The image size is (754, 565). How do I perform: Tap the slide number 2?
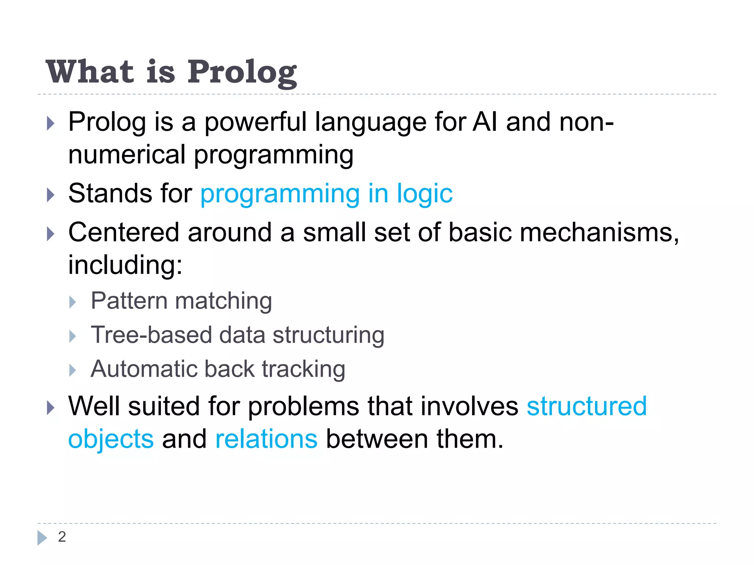pyautogui.click(x=62, y=537)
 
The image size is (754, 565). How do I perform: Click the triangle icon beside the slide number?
pyautogui.click(x=42, y=538)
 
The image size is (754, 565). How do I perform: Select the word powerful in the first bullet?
pyautogui.click(x=255, y=122)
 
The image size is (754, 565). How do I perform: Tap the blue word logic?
pyautogui.click(x=424, y=193)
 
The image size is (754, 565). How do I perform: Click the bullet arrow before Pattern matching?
pyautogui.click(x=73, y=302)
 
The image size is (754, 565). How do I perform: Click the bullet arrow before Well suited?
pyautogui.click(x=50, y=408)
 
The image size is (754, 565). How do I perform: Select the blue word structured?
pyautogui.click(x=586, y=406)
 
